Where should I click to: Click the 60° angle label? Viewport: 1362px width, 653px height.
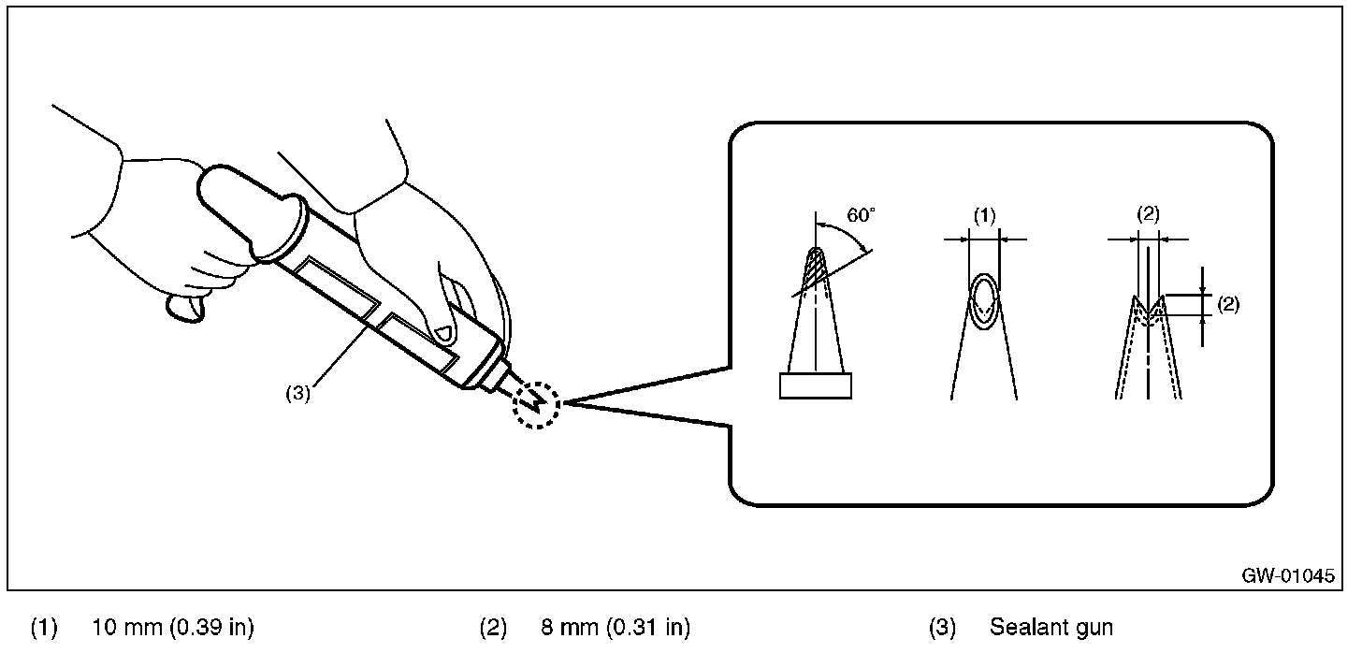(862, 214)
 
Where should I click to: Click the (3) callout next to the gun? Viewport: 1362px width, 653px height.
(297, 393)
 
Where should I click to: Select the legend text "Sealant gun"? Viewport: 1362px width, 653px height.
(1050, 627)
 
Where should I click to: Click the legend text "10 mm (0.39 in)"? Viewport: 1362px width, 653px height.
(173, 627)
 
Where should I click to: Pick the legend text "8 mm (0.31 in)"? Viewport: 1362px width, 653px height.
(616, 627)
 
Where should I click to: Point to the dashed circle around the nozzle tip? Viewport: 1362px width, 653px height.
(536, 403)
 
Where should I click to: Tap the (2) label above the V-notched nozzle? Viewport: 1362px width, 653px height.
(1148, 213)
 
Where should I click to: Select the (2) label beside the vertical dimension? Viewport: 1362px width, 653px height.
(1227, 304)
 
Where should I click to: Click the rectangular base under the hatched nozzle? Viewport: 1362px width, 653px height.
(816, 385)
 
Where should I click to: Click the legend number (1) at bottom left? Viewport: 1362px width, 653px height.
(44, 627)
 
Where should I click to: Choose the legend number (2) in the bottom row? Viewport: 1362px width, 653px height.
(493, 627)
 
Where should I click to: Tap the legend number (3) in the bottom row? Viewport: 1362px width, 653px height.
(942, 627)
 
